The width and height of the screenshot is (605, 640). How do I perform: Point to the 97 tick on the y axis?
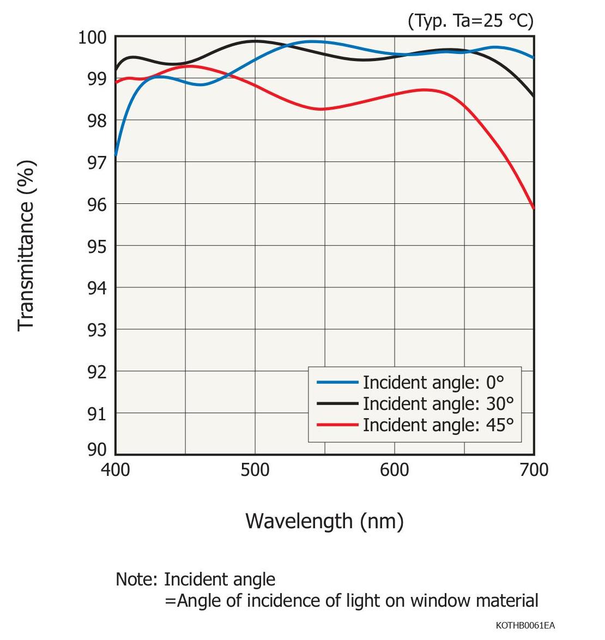click(x=97, y=162)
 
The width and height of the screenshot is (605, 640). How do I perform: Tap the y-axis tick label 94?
click(x=97, y=288)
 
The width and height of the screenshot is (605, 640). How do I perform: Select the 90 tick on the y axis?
click(x=97, y=449)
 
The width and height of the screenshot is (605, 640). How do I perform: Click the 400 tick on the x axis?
click(x=116, y=470)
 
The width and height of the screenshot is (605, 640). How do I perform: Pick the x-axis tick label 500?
click(x=255, y=470)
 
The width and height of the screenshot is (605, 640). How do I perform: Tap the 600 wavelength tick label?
click(x=395, y=470)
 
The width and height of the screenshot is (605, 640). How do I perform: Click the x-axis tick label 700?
click(x=534, y=470)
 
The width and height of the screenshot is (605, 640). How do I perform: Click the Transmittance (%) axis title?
click(x=26, y=245)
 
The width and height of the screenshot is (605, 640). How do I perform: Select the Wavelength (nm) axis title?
click(x=324, y=521)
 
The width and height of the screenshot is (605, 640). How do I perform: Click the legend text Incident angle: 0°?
click(x=433, y=383)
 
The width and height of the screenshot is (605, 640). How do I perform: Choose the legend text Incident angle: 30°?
click(x=438, y=404)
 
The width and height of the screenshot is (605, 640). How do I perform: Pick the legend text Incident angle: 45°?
click(x=438, y=425)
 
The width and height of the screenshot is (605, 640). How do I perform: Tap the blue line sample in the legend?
click(x=337, y=383)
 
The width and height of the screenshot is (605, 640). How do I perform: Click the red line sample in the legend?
click(x=337, y=425)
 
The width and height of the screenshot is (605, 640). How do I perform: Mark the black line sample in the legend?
click(x=337, y=404)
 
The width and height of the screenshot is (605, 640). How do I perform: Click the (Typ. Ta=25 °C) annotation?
click(x=470, y=21)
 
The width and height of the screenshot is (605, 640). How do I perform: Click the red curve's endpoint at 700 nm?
click(x=534, y=208)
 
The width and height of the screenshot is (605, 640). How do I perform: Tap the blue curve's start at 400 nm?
click(x=116, y=155)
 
